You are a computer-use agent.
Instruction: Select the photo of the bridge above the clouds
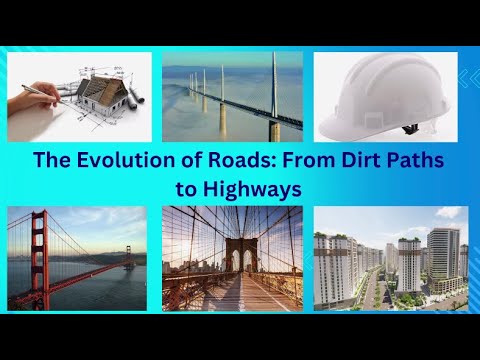pos(232,97)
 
